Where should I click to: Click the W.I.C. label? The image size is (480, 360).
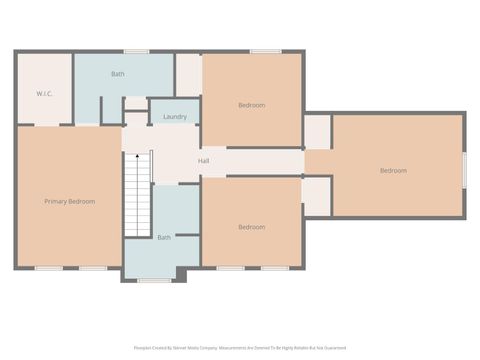pyautogui.click(x=44, y=94)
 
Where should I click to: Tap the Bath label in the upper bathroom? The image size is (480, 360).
pyautogui.click(x=118, y=74)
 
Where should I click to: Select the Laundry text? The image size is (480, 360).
pyautogui.click(x=175, y=117)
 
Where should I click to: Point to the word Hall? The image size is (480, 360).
pyautogui.click(x=203, y=160)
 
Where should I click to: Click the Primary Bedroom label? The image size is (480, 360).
pyautogui.click(x=69, y=201)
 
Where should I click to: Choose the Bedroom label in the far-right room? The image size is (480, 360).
pyautogui.click(x=393, y=170)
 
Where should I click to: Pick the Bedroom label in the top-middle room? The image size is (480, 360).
pyautogui.click(x=251, y=105)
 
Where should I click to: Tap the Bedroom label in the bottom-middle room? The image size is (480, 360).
pyautogui.click(x=251, y=227)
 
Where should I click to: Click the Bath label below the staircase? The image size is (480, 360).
pyautogui.click(x=164, y=237)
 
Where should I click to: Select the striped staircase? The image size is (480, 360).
pyautogui.click(x=136, y=194)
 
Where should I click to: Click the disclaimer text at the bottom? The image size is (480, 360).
pyautogui.click(x=239, y=349)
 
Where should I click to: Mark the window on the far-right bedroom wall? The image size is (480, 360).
pyautogui.click(x=465, y=168)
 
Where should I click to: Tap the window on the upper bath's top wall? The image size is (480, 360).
pyautogui.click(x=136, y=51)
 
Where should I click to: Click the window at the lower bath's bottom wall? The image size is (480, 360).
pyautogui.click(x=154, y=280)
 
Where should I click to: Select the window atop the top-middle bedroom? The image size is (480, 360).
pyautogui.click(x=264, y=51)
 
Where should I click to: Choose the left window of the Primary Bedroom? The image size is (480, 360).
pyautogui.click(x=48, y=268)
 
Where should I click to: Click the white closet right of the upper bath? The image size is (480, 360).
pyautogui.click(x=188, y=74)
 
